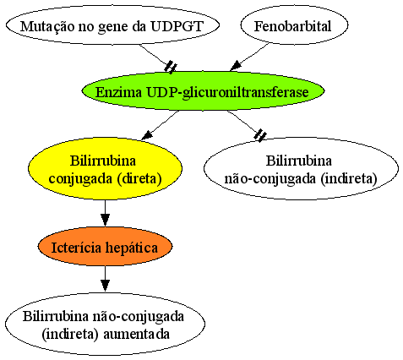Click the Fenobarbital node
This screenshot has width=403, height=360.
point(294,25)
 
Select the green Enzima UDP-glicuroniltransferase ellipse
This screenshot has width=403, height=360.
point(203,91)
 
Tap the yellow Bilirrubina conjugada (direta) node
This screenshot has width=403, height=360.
point(105,168)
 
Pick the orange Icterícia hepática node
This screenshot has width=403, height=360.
point(105,247)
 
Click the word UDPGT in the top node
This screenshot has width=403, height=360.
point(177,26)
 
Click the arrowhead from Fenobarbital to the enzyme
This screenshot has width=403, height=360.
point(236,66)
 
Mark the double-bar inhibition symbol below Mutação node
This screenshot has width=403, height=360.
point(171,68)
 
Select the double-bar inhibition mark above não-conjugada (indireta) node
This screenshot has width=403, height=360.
point(260,134)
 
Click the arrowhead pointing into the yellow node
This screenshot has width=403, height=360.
point(147,135)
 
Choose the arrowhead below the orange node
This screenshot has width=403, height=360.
point(105,285)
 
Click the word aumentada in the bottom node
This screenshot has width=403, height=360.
point(137,334)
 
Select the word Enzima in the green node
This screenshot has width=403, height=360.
point(118,92)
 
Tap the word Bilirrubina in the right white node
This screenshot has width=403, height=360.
point(299,161)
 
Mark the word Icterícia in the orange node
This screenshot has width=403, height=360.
point(76,248)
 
